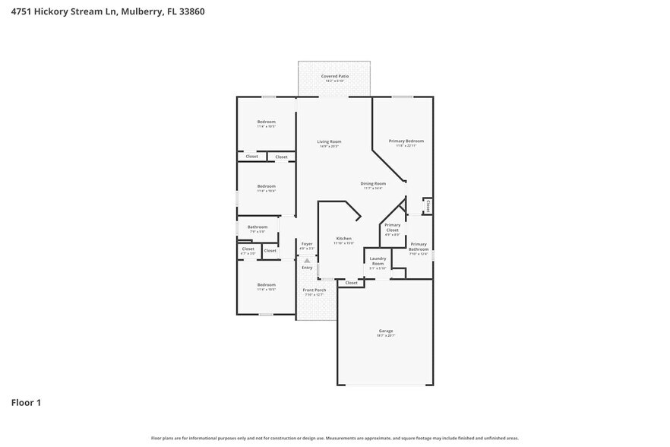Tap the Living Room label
[329, 141]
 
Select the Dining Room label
[373, 183]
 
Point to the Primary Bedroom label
[406, 141]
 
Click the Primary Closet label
[392, 227]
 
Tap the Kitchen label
[343, 239]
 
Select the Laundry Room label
[378, 261]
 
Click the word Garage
[385, 331]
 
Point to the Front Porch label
[314, 290]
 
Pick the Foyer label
[306, 244]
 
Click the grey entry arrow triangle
[307, 261]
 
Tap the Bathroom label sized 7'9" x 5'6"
[258, 227]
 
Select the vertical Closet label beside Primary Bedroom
[428, 206]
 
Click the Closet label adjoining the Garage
[351, 283]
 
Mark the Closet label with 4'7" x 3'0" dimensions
[248, 249]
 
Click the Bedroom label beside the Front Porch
[266, 285]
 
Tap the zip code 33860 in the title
[190, 11]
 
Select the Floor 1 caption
[26, 402]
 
